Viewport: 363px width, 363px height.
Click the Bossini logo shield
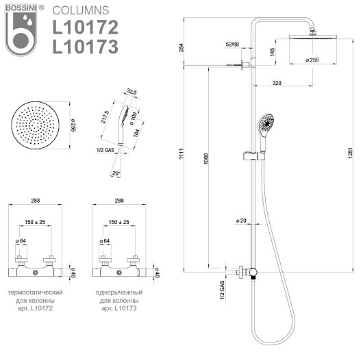pyautogui.click(x=21, y=30)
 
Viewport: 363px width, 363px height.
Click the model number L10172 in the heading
pyautogui.click(x=86, y=27)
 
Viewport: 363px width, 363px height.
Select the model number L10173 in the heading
pyautogui.click(x=86, y=47)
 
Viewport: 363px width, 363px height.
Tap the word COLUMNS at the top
pyautogui.click(x=81, y=10)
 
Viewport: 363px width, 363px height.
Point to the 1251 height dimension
pyautogui.click(x=350, y=153)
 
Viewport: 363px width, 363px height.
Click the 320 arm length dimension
pyautogui.click(x=277, y=83)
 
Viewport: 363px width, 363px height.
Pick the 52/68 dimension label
pyautogui.click(x=232, y=45)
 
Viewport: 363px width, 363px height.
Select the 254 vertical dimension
pyautogui.click(x=182, y=47)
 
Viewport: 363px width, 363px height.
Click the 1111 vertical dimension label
pyautogui.click(x=181, y=153)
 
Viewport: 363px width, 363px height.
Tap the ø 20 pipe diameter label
pyautogui.click(x=241, y=221)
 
